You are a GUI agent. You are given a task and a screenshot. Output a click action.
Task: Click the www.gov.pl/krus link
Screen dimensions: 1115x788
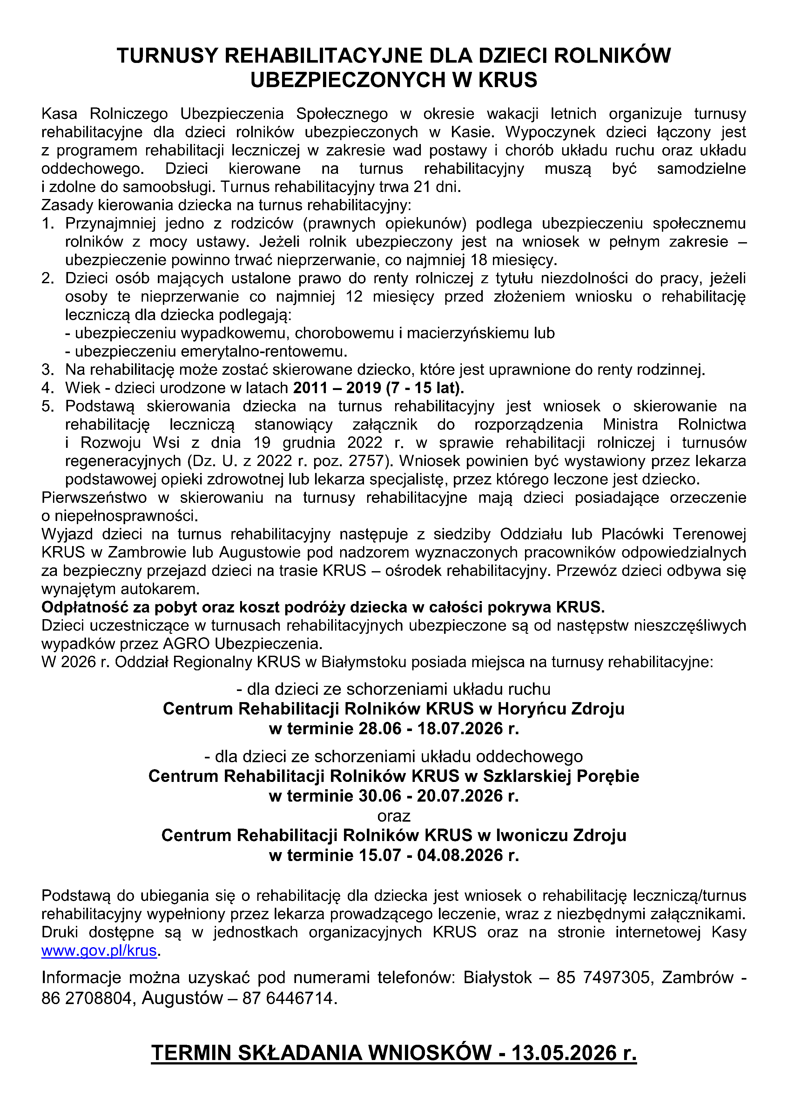(99, 950)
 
